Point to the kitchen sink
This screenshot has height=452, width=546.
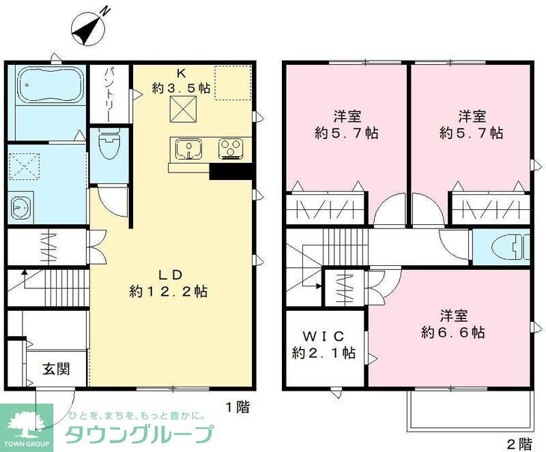point(188,147)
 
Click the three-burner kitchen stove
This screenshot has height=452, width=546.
point(231,148)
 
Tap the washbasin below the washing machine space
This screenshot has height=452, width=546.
point(20,205)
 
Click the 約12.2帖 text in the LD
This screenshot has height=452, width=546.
point(169,292)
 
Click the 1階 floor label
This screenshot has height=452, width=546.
point(238,407)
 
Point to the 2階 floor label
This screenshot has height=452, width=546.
point(519,445)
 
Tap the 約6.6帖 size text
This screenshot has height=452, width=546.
point(453,333)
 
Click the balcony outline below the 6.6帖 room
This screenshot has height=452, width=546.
point(469,412)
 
